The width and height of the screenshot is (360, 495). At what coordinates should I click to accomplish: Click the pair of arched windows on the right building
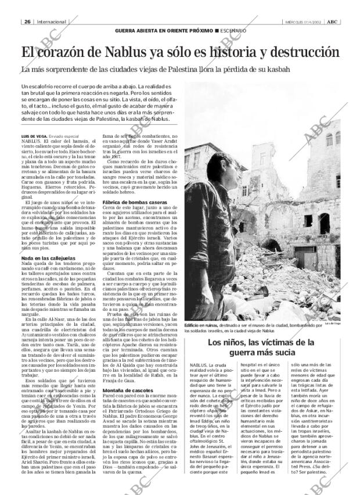pos(331,139)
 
